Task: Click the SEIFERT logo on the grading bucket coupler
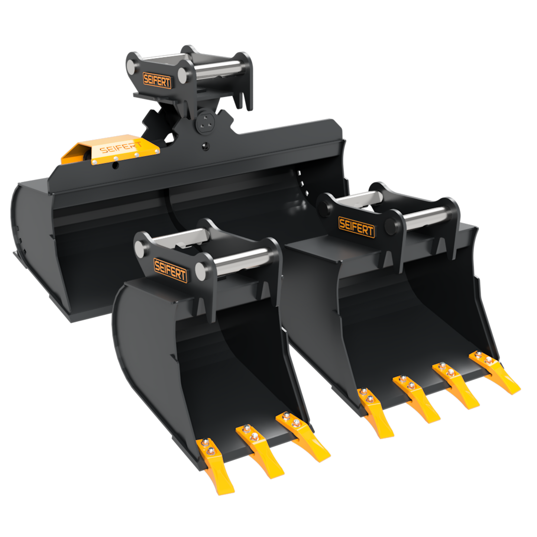click(157, 80)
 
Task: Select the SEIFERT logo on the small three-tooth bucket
click(170, 270)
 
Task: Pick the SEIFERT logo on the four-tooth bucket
click(356, 227)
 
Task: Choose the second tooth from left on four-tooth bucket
click(415, 398)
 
